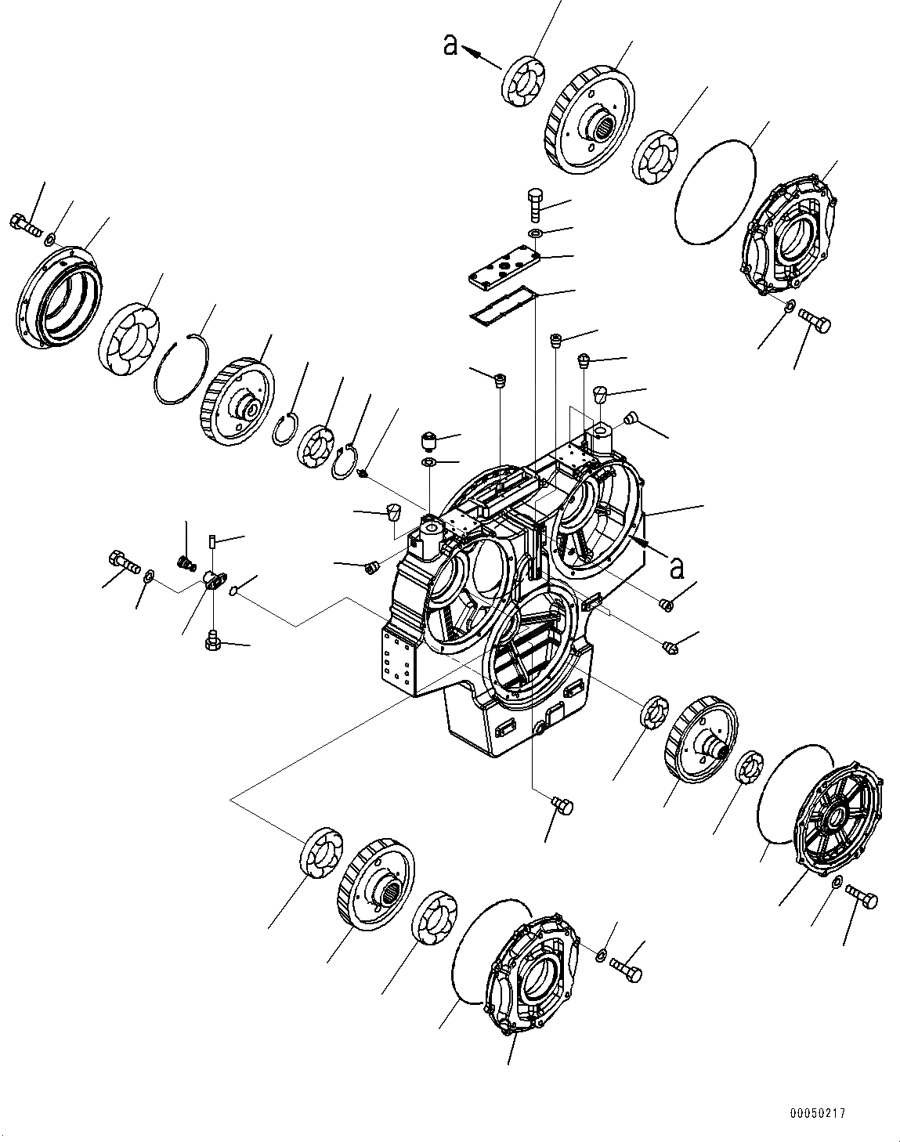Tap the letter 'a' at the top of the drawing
[450, 46]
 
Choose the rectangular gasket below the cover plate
[503, 306]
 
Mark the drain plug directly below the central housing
[562, 805]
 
